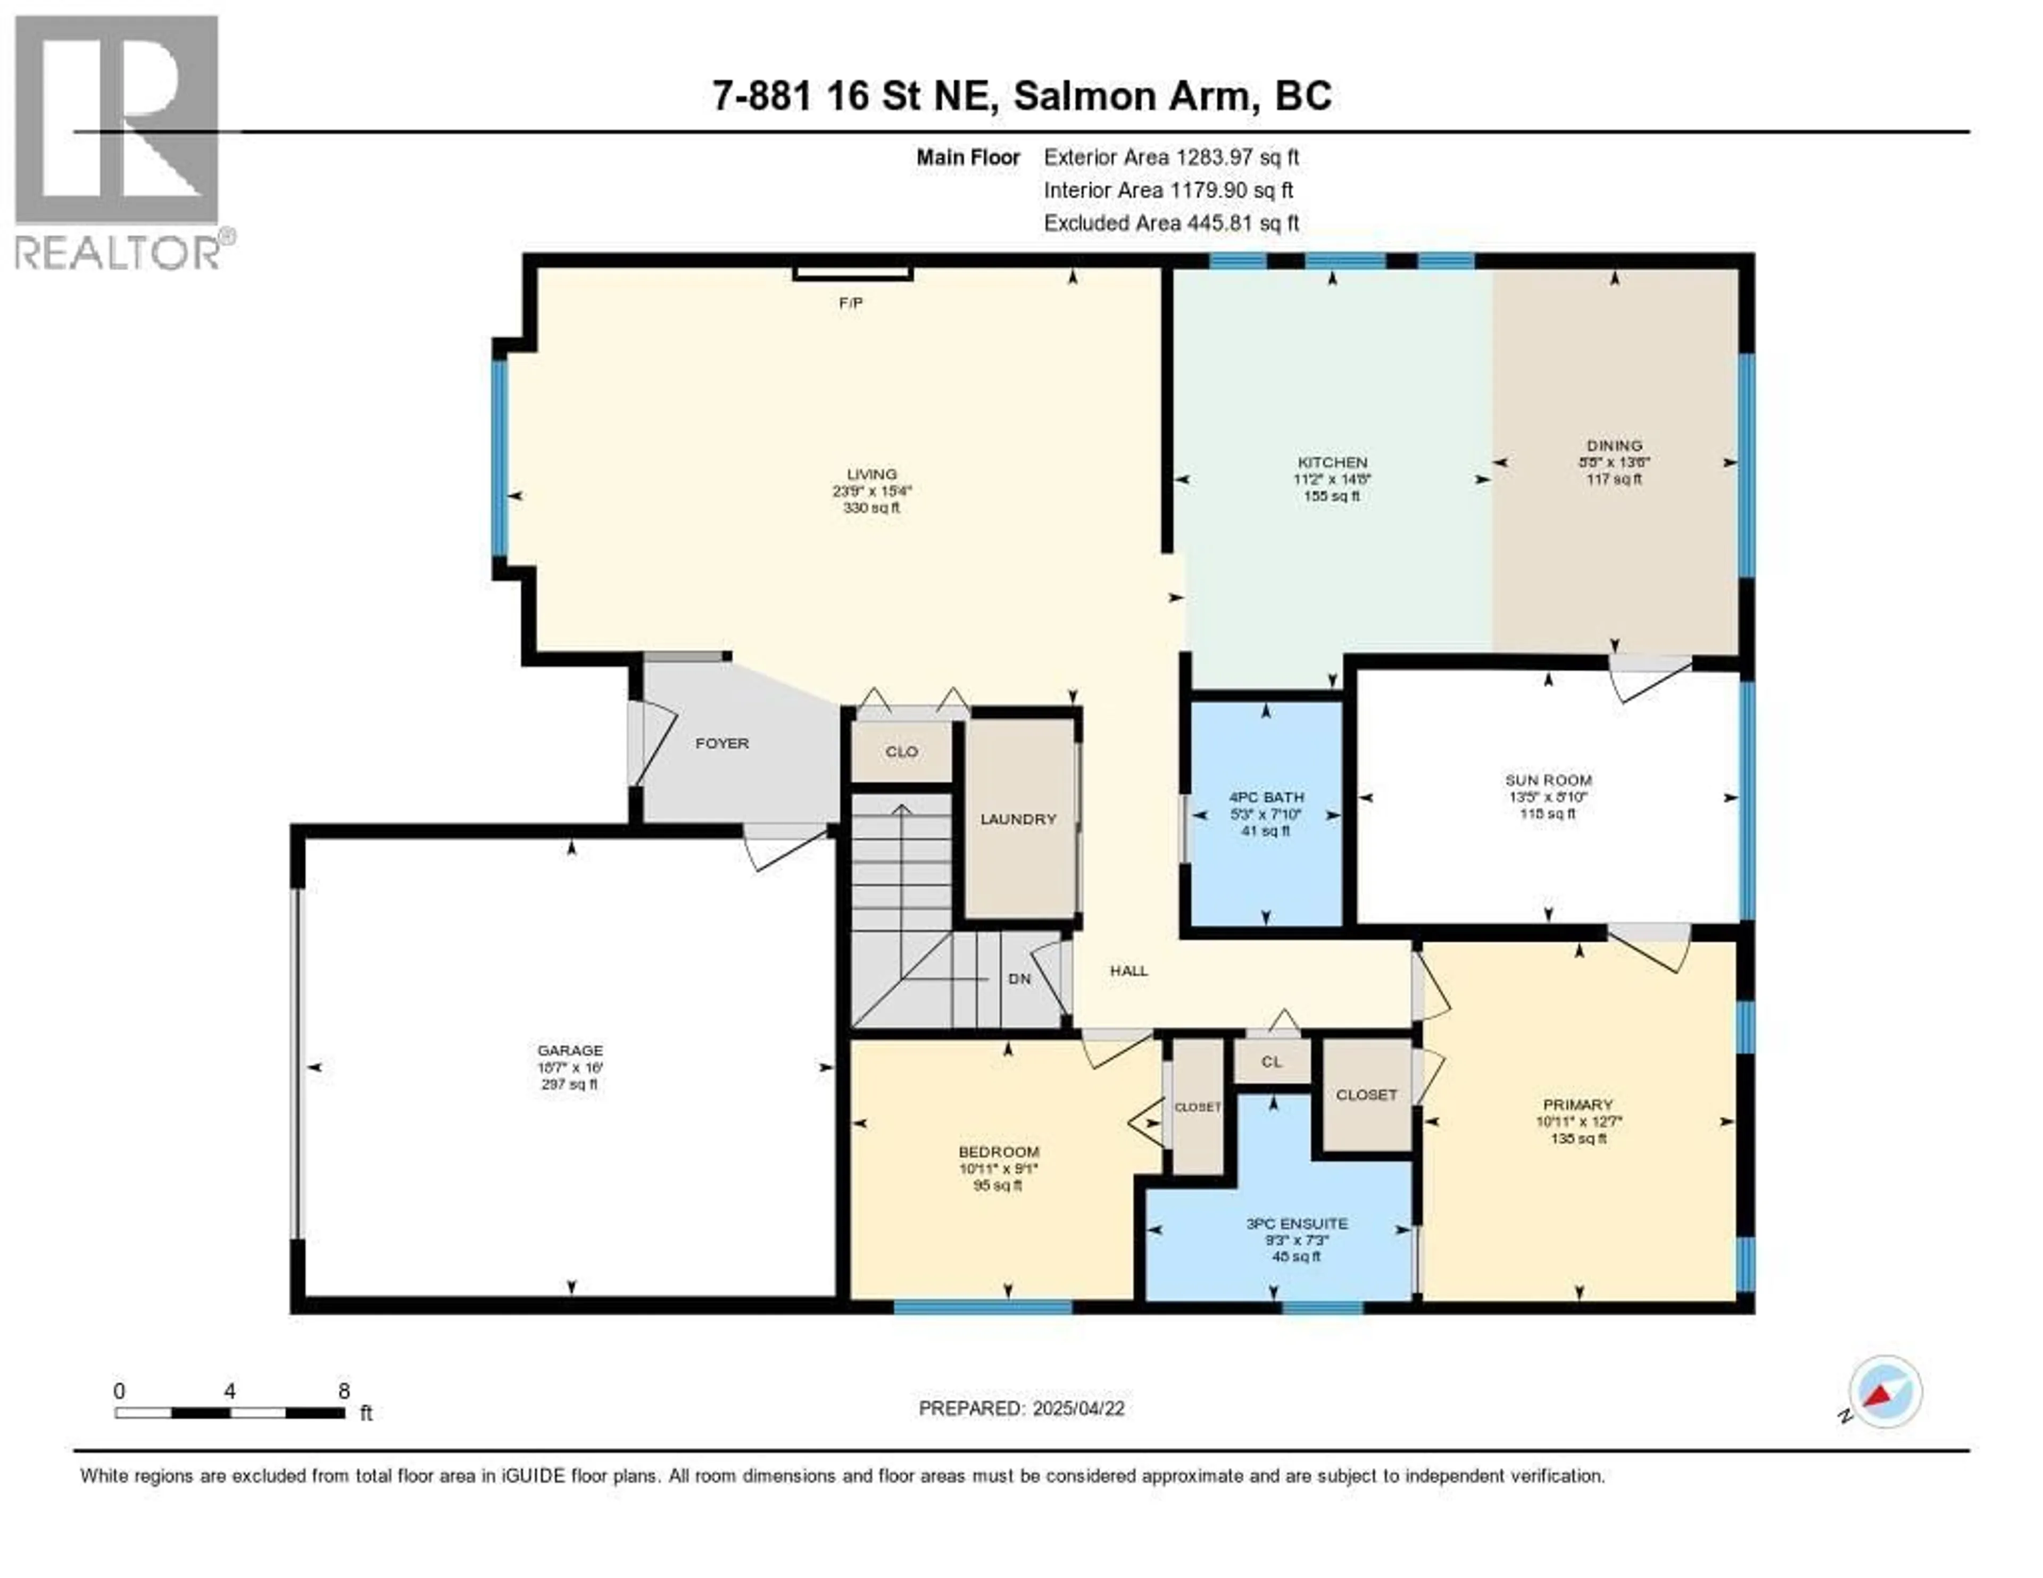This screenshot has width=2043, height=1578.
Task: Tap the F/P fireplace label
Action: tap(850, 303)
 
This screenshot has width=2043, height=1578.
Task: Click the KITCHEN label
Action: tap(1332, 462)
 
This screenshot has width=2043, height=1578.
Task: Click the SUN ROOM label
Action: tap(1548, 780)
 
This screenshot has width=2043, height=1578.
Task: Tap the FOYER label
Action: tap(722, 744)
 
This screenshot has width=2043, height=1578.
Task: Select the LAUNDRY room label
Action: tap(1018, 819)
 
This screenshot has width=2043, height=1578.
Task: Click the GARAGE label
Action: tap(570, 1050)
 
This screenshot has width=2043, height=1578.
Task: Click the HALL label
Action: tap(1128, 971)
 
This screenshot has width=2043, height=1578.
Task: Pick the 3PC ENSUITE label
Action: tap(1297, 1224)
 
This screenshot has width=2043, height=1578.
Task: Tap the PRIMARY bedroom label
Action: tap(1578, 1104)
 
